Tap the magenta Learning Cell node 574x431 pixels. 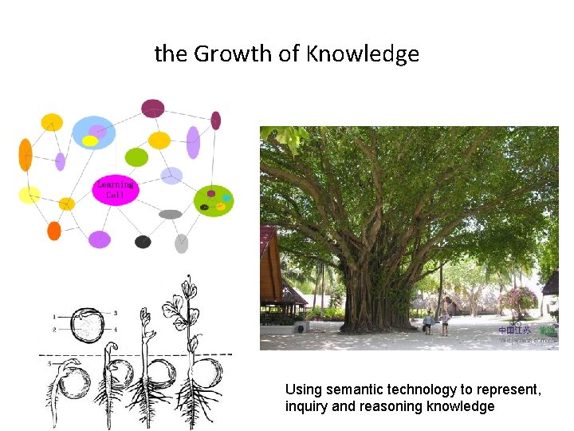pos(116,191)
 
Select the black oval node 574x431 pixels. pos(143,242)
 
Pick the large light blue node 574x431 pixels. pos(94,132)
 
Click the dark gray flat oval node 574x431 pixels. pos(171,214)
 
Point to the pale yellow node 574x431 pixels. pos(29,195)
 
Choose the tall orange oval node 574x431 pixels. pos(26,155)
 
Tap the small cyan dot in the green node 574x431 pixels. pos(226,197)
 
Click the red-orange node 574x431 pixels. pos(54,231)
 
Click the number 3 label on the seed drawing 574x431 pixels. pos(116,313)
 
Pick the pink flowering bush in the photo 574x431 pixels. pos(517,301)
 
